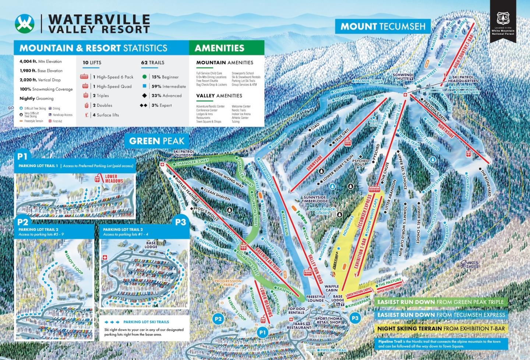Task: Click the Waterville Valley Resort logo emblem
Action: [25, 24]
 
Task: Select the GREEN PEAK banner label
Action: [156, 141]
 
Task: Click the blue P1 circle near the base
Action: [262, 332]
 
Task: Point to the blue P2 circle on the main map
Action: [218, 319]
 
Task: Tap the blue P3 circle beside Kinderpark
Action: [355, 318]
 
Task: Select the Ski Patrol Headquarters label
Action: [463, 79]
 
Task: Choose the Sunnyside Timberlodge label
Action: [315, 199]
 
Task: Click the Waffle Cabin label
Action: [332, 288]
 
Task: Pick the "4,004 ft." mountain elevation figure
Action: [28, 61]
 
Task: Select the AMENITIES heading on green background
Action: [219, 48]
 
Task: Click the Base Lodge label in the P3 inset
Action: [151, 245]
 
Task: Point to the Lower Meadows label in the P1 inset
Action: [114, 179]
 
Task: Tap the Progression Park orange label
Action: [228, 283]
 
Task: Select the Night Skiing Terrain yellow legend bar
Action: [441, 328]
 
